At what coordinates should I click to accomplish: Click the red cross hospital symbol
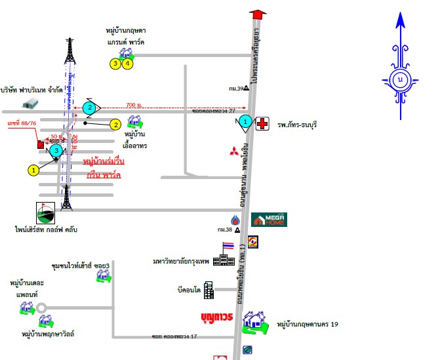(x=262, y=124)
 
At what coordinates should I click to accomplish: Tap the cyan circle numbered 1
(x=244, y=121)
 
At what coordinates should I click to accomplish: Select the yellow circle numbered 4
(x=128, y=64)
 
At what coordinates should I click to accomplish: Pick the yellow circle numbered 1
(x=33, y=170)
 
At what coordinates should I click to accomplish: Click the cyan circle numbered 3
(x=57, y=151)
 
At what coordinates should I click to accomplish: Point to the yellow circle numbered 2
(x=115, y=124)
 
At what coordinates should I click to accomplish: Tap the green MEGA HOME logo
(x=269, y=220)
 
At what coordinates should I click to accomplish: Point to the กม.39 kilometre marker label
(x=236, y=88)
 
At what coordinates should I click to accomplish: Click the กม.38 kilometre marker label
(x=226, y=230)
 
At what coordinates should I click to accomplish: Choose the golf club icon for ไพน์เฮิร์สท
(x=46, y=212)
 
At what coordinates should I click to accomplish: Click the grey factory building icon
(x=30, y=103)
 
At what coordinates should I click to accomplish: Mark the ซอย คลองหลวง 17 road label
(x=174, y=336)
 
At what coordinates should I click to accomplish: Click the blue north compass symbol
(x=400, y=78)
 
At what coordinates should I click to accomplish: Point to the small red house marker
(x=41, y=144)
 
